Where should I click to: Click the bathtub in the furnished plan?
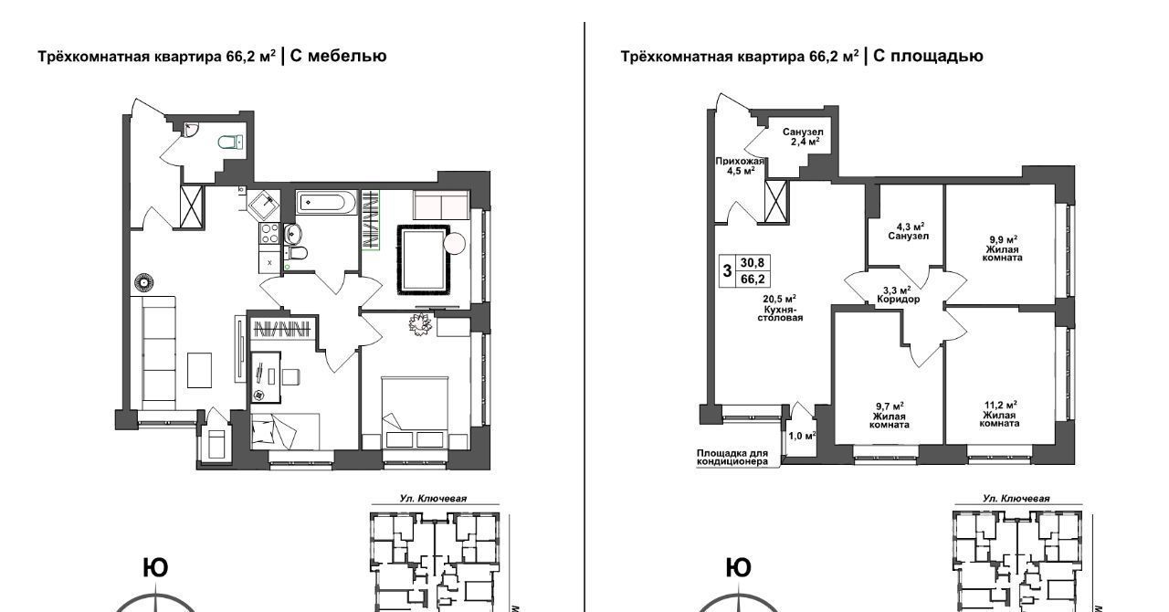pyautogui.click(x=326, y=202)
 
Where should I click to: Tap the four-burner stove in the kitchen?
pyautogui.click(x=269, y=234)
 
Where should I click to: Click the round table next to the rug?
pyautogui.click(x=454, y=243)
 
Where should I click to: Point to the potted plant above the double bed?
pyautogui.click(x=420, y=323)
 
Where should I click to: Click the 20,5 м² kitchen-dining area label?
pyautogui.click(x=780, y=308)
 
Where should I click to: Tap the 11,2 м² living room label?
pyautogui.click(x=1000, y=414)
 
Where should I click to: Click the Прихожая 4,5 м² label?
pyautogui.click(x=739, y=166)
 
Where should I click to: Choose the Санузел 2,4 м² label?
pyautogui.click(x=803, y=137)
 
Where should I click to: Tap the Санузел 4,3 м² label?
pyautogui.click(x=909, y=231)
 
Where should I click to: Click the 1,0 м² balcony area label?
pyautogui.click(x=802, y=436)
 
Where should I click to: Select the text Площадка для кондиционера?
pyautogui.click(x=732, y=458)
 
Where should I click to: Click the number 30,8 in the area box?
pyautogui.click(x=752, y=263)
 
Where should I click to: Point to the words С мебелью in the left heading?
pyautogui.click(x=338, y=56)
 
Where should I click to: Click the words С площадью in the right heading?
pyautogui.click(x=928, y=56)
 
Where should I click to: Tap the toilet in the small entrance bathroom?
pyautogui.click(x=230, y=142)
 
